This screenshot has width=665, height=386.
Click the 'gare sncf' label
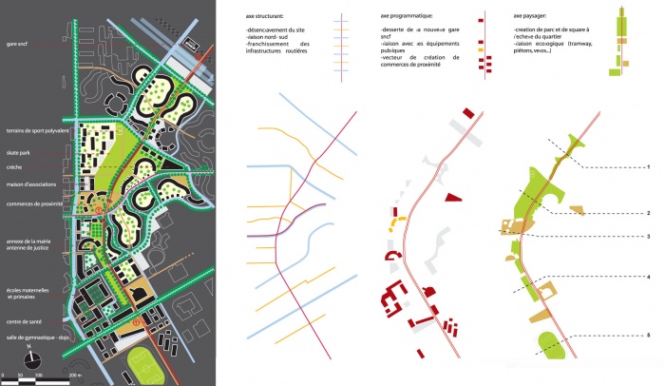[16, 44]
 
